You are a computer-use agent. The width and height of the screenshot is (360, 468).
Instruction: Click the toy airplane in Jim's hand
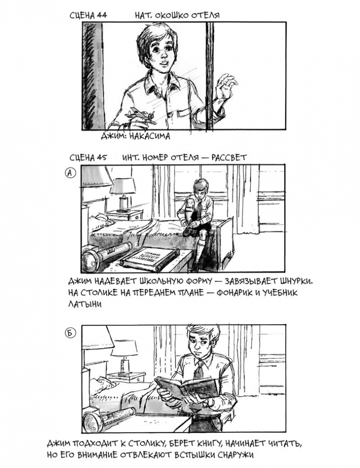pos(141,116)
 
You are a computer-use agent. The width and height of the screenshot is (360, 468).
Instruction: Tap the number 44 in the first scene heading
pos(102,15)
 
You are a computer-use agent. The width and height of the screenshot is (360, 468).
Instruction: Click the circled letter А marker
pos(70,173)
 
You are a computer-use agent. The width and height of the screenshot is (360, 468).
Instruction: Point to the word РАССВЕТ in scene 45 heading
pos(229,157)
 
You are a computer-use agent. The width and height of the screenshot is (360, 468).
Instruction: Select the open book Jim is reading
pos(186,387)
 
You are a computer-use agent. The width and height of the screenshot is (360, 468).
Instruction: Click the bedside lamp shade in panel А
pos(122,186)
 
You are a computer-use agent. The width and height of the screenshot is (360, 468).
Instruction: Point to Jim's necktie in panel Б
pos(198,369)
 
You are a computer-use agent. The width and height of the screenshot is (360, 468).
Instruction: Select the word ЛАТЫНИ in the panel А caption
pos(85,304)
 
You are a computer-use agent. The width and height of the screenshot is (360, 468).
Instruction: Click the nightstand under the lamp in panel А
pos(125,215)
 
